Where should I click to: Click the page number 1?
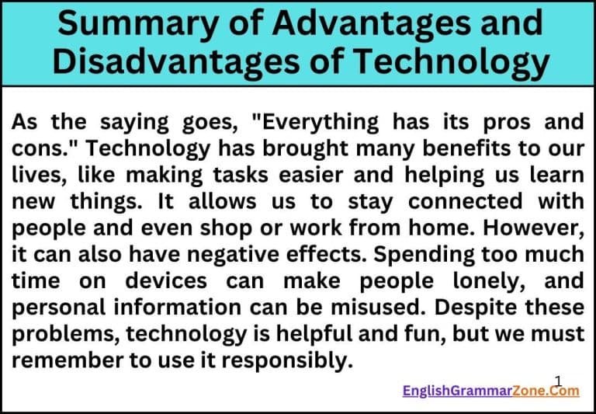click(x=558, y=379)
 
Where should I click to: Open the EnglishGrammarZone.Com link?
click(x=490, y=391)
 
